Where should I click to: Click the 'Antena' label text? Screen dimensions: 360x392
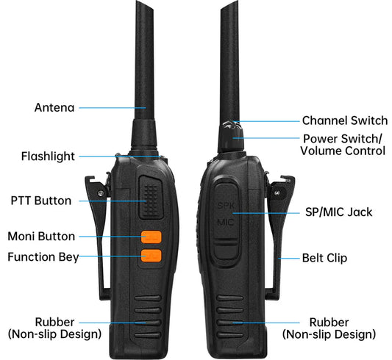54,107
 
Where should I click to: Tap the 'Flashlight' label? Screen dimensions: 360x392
48,156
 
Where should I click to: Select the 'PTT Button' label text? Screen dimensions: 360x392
41,201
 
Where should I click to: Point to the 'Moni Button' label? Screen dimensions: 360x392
41,237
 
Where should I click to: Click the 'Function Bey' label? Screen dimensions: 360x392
42,257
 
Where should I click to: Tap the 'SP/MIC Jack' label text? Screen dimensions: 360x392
338,212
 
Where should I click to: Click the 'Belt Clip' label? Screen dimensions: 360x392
324,258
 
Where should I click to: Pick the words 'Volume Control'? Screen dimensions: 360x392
343,151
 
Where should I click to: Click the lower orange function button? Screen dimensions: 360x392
152,256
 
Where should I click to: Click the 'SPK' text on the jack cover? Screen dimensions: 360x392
224,206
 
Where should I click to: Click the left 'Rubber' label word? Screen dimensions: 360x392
54,322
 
